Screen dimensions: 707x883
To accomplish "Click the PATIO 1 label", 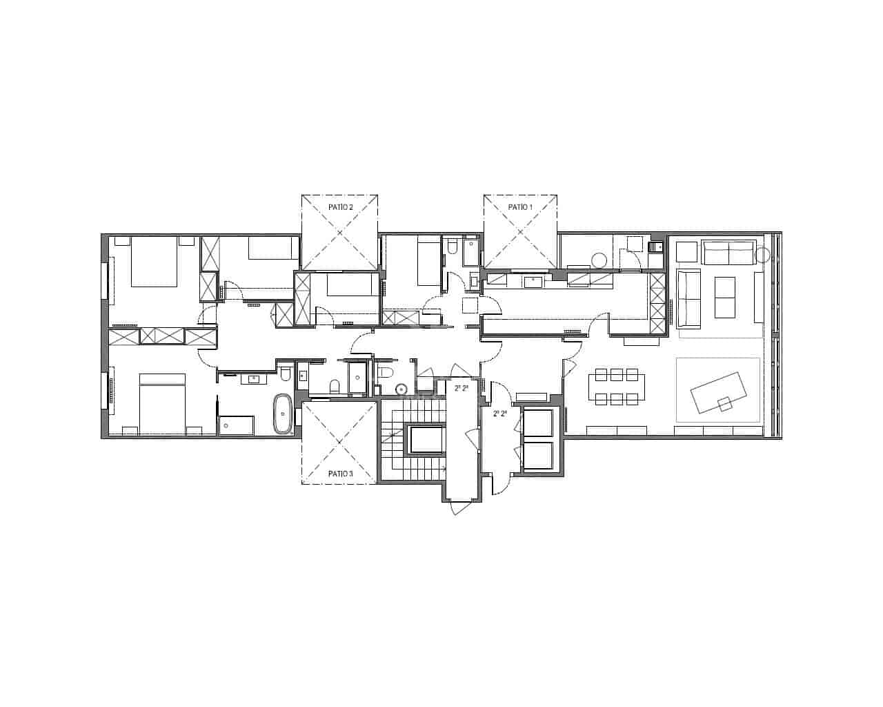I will (x=520, y=207).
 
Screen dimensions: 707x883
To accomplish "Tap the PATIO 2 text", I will (x=339, y=207).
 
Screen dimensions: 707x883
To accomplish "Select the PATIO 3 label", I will (x=340, y=474).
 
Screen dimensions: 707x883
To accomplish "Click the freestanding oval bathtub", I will (x=283, y=414).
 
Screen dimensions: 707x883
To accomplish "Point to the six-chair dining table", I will (x=617, y=387).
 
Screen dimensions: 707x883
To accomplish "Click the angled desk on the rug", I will (x=718, y=392).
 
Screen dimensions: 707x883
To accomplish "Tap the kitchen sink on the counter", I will (x=533, y=281).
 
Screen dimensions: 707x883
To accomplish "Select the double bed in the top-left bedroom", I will (x=155, y=263).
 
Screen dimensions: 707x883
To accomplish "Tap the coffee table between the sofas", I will (x=724, y=297).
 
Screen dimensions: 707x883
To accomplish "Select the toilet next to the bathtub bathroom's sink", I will (x=285, y=375).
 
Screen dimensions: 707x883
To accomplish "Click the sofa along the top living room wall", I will (x=728, y=252).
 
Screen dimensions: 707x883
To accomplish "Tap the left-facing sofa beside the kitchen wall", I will (x=688, y=298).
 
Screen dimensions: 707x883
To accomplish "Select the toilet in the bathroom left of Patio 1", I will (x=452, y=247).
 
